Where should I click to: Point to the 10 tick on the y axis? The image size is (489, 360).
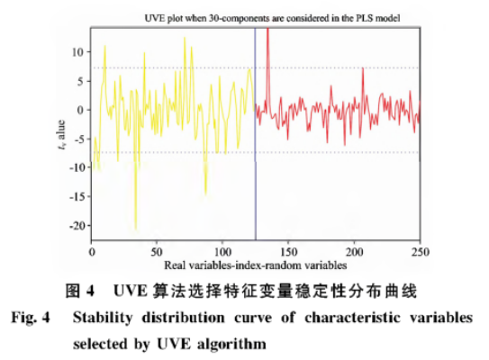80,51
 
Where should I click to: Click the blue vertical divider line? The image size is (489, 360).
256,135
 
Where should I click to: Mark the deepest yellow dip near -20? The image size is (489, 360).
135,229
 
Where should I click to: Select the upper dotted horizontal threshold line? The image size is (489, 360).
342,67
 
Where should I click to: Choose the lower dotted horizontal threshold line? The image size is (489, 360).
342,151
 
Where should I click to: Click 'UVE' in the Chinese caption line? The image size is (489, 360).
131,292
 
